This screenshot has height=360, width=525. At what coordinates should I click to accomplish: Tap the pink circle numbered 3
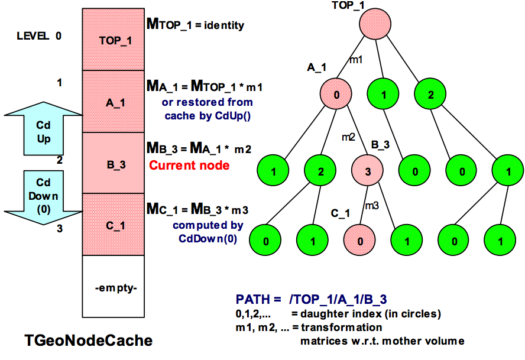[x=368, y=173]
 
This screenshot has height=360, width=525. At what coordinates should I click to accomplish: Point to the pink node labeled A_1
[x=337, y=95]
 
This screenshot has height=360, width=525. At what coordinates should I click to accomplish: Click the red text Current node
[x=189, y=166]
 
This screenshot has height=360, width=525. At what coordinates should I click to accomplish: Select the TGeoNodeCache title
[x=88, y=340]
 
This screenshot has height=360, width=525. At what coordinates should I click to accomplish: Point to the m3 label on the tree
[x=371, y=205]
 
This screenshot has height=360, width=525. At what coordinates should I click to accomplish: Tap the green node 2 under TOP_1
[x=430, y=95]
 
